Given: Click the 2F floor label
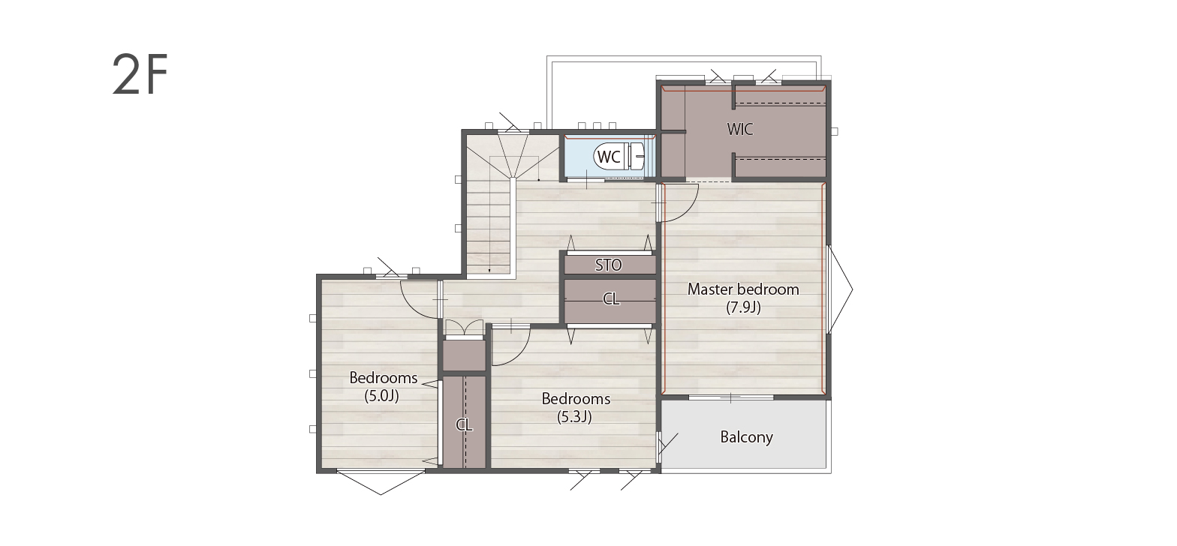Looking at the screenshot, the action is pos(140,74).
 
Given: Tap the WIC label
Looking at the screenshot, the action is pos(740,129).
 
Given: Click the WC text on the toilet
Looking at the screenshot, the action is pos(609,157).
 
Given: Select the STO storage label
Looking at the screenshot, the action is pos(609,265).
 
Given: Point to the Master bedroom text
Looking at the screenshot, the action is pos(743,289).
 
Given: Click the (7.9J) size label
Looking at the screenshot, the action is pos(743,307).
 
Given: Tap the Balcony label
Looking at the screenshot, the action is pos(746,437).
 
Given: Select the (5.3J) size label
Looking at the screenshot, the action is pos(574,417).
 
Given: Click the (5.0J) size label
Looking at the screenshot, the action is pos(382,396).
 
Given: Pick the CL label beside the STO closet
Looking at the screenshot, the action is pos(610,299).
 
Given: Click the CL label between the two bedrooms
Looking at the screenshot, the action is pos(464,424).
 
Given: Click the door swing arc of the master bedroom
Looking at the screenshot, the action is pos(689,211).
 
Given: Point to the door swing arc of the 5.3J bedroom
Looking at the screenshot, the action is pos(520,354).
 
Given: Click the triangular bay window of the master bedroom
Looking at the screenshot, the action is pos(840,289).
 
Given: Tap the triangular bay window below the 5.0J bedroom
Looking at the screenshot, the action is pos(381,482).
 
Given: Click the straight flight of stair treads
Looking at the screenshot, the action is pos(489,226).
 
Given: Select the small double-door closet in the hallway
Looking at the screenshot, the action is pos(464,328).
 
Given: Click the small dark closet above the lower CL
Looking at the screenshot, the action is pos(464,355).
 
